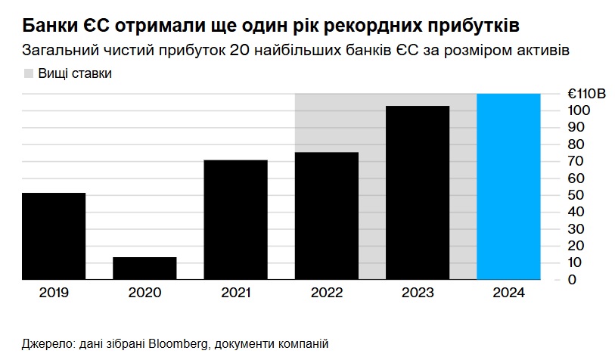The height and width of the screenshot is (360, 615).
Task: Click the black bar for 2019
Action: [54, 236]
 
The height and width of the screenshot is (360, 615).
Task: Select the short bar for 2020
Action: [144, 268]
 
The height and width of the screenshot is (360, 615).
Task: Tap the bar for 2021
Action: [235, 219]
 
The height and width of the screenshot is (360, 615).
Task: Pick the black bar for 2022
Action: [327, 216]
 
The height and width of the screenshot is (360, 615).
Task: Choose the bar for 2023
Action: [418, 193]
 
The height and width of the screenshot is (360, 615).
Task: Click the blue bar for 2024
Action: [508, 187]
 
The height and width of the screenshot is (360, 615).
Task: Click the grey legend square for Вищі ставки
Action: [29, 73]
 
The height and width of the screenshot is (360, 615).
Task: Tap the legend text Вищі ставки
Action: [69, 73]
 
